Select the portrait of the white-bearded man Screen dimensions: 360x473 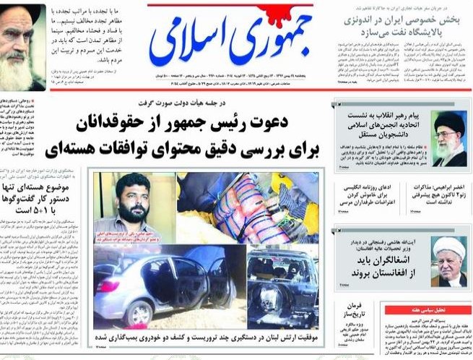pos(22,46)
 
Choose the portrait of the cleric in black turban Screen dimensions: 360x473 pos(448,138)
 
